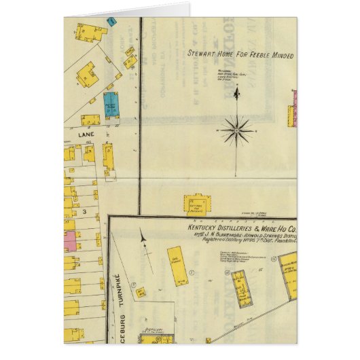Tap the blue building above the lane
point(111,105)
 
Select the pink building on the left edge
point(70,240)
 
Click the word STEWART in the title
point(204,52)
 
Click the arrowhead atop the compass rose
point(236,92)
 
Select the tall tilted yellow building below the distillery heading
point(178,266)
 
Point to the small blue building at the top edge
point(112,21)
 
